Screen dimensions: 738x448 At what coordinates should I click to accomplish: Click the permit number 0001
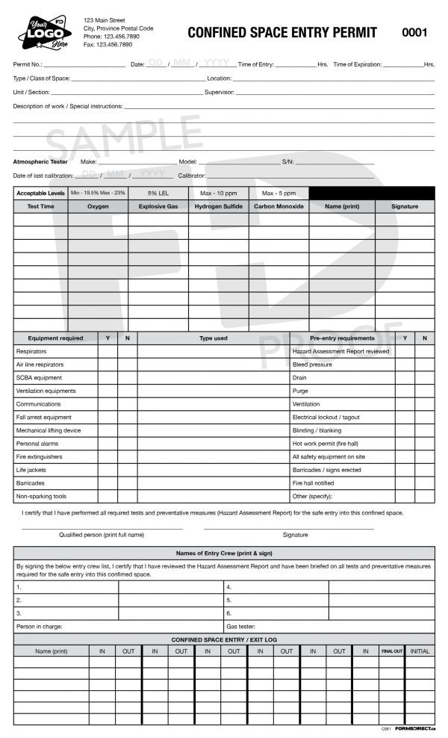tap(414, 32)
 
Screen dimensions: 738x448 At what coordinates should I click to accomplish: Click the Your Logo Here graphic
tap(44, 32)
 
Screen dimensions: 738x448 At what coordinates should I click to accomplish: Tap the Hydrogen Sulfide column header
tap(218, 206)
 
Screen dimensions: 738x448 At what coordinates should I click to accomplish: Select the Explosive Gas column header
tap(158, 206)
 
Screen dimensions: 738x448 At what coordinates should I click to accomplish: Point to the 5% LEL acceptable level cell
tap(158, 193)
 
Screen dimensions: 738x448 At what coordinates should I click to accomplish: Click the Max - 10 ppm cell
tap(218, 193)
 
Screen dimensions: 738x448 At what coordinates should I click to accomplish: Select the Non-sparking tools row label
tap(41, 497)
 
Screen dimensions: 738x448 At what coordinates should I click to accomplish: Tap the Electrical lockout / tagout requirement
tap(326, 418)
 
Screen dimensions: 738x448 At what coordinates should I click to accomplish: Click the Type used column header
tap(213, 338)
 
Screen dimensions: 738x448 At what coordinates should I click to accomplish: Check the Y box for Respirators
tap(108, 351)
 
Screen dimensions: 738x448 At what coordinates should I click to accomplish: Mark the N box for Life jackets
tap(127, 471)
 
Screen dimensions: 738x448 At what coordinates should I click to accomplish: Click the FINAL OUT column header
tap(392, 651)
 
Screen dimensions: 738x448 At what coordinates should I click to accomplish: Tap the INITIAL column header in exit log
tap(420, 651)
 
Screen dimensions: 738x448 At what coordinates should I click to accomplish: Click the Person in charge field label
tap(40, 627)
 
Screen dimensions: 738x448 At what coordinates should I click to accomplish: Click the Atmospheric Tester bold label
tap(40, 162)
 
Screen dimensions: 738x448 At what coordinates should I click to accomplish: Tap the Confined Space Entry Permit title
tap(281, 32)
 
